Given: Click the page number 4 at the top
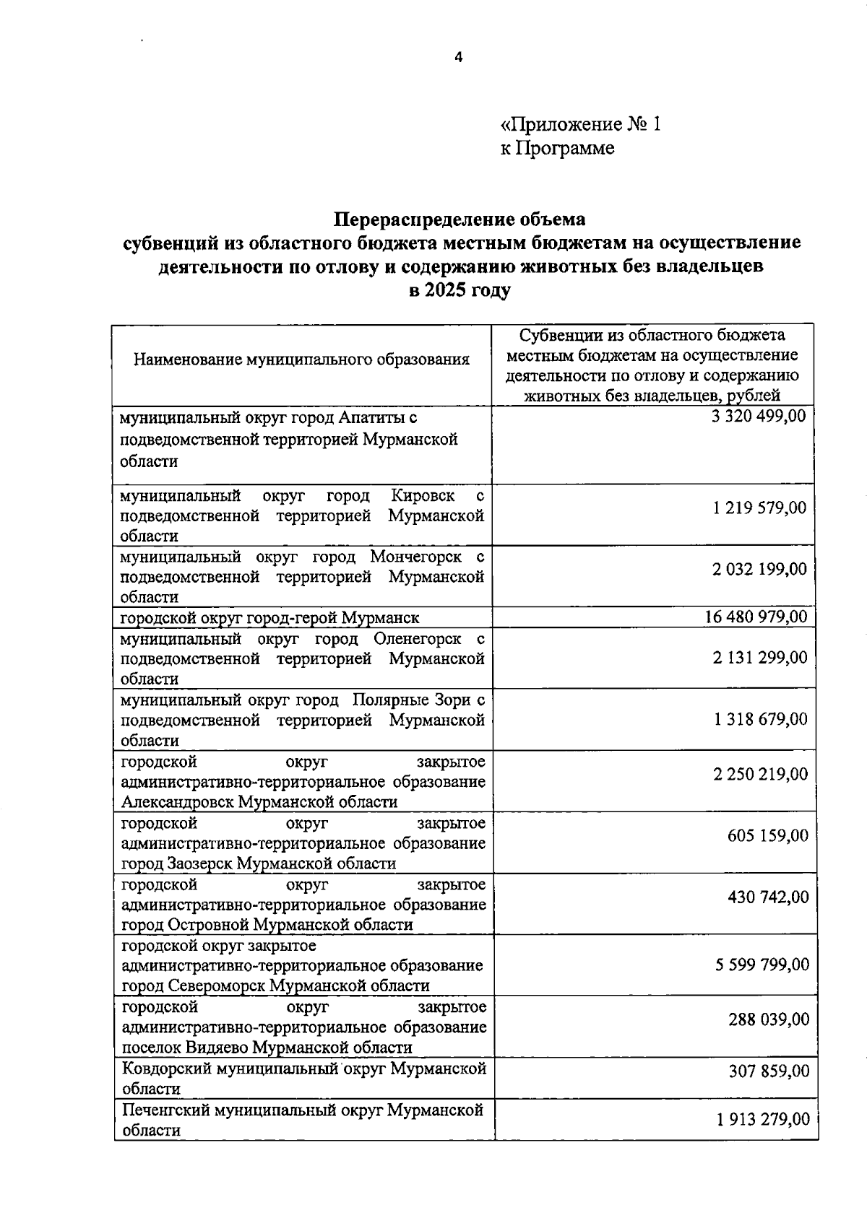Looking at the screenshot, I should [x=457, y=58].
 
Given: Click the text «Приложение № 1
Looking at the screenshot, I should [x=580, y=124].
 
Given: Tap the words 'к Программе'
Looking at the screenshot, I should [x=557, y=148].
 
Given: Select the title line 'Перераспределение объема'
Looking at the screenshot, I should [x=460, y=218].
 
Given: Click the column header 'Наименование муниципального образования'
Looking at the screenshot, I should [x=302, y=359].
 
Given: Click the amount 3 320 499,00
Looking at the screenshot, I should [x=758, y=416].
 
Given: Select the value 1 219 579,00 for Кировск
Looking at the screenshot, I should [x=759, y=508].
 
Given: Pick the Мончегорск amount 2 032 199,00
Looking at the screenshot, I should [x=759, y=569].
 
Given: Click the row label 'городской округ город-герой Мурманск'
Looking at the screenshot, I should [x=269, y=617].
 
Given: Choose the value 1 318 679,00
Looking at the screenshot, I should [x=759, y=719].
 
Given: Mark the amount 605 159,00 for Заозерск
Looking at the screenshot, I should [x=767, y=835].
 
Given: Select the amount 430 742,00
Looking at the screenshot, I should [x=768, y=897].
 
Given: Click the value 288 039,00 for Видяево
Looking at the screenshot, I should [x=768, y=1019].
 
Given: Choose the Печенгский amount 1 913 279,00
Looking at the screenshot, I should [x=763, y=1119].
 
